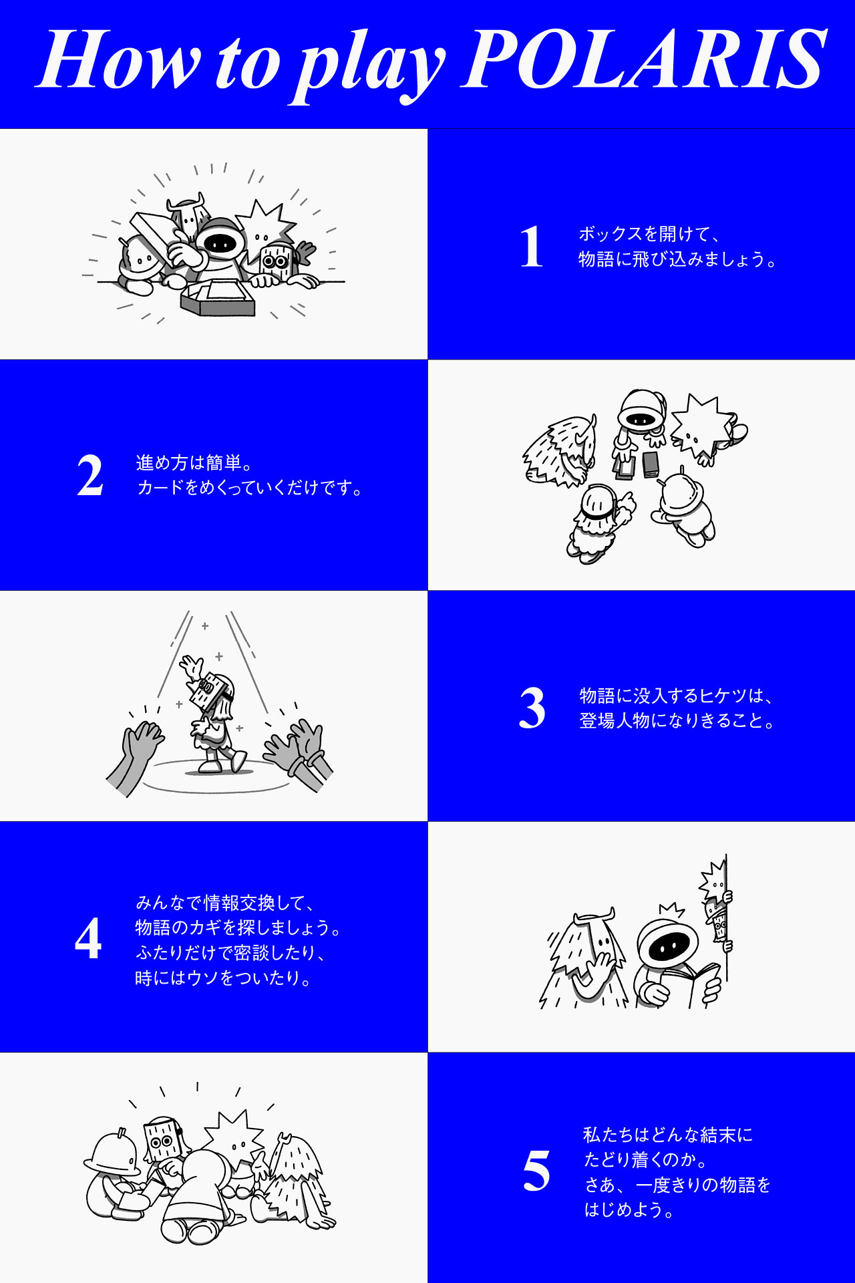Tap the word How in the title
tap(118, 59)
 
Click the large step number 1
tap(532, 247)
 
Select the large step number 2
tap(90, 475)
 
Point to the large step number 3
tap(532, 708)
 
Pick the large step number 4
tap(88, 938)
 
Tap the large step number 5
tap(536, 1171)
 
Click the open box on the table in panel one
tap(218, 298)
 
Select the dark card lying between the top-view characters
tap(651, 464)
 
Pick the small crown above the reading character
tap(671, 910)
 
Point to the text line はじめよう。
tap(630, 1209)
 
